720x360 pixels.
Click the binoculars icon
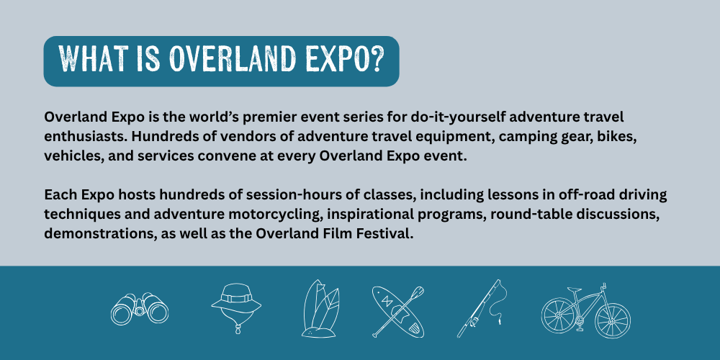(x=140, y=309)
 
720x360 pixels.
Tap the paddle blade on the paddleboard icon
(x=417, y=292)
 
